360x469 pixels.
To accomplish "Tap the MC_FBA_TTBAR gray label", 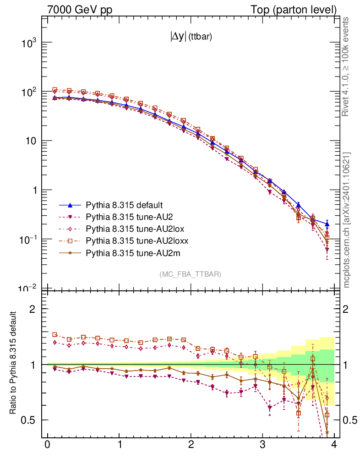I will pos(191,274).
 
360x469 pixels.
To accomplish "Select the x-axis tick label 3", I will pos(262,445).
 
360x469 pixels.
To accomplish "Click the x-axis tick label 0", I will pos(47,445).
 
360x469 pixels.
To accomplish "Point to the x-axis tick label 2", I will pos(191,445).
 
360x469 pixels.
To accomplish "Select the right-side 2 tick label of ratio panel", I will pos(348,309).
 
